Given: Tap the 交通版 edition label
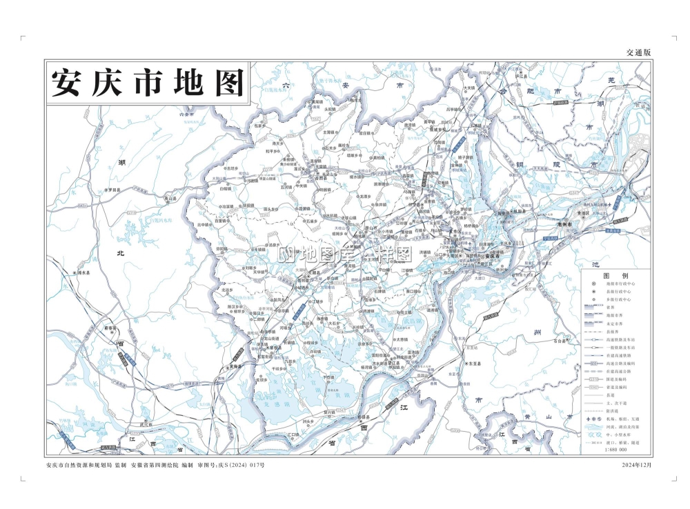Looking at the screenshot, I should coord(638,52).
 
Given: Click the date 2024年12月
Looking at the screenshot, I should coord(635,465).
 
